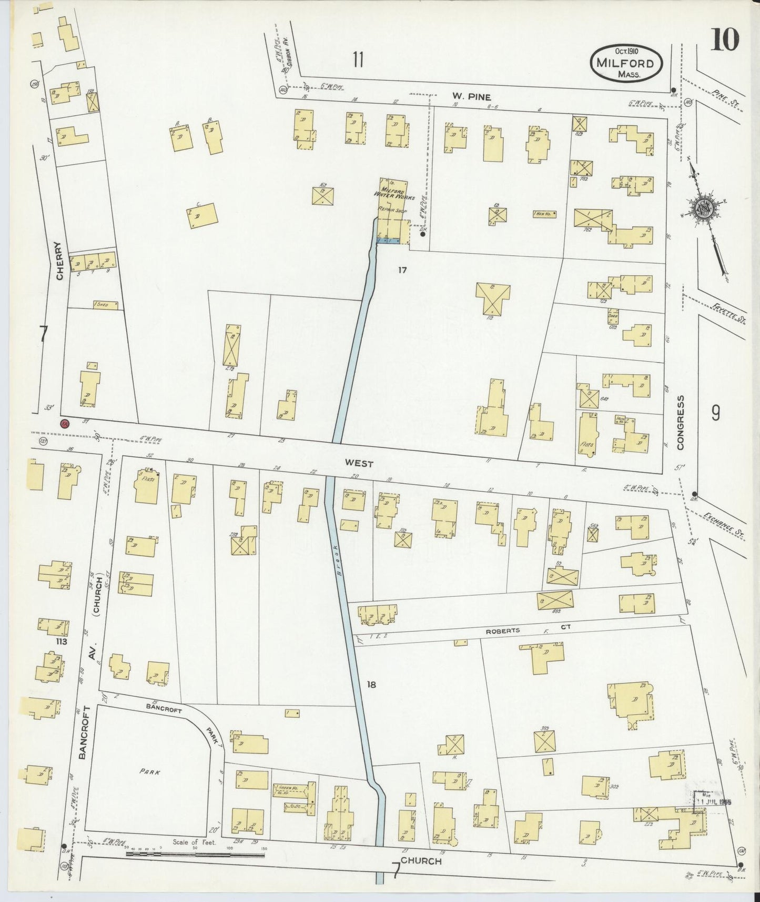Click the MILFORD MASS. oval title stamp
pyautogui.click(x=626, y=63)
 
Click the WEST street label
pyautogui.click(x=359, y=464)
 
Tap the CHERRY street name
pyautogui.click(x=59, y=260)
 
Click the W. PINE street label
pyautogui.click(x=471, y=97)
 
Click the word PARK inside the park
pyautogui.click(x=149, y=772)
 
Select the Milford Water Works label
pyautogui.click(x=394, y=193)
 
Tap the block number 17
pyautogui.click(x=402, y=270)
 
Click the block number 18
pyautogui.click(x=372, y=685)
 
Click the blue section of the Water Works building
pyautogui.click(x=389, y=240)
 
